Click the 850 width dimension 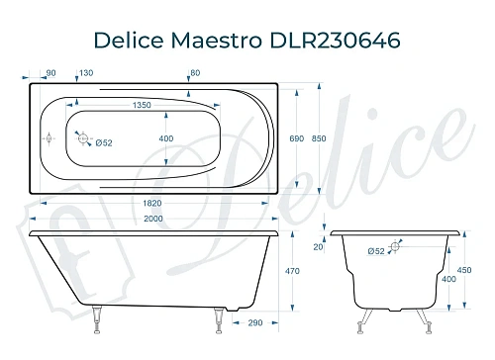click(346, 142)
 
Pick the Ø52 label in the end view click(375, 251)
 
